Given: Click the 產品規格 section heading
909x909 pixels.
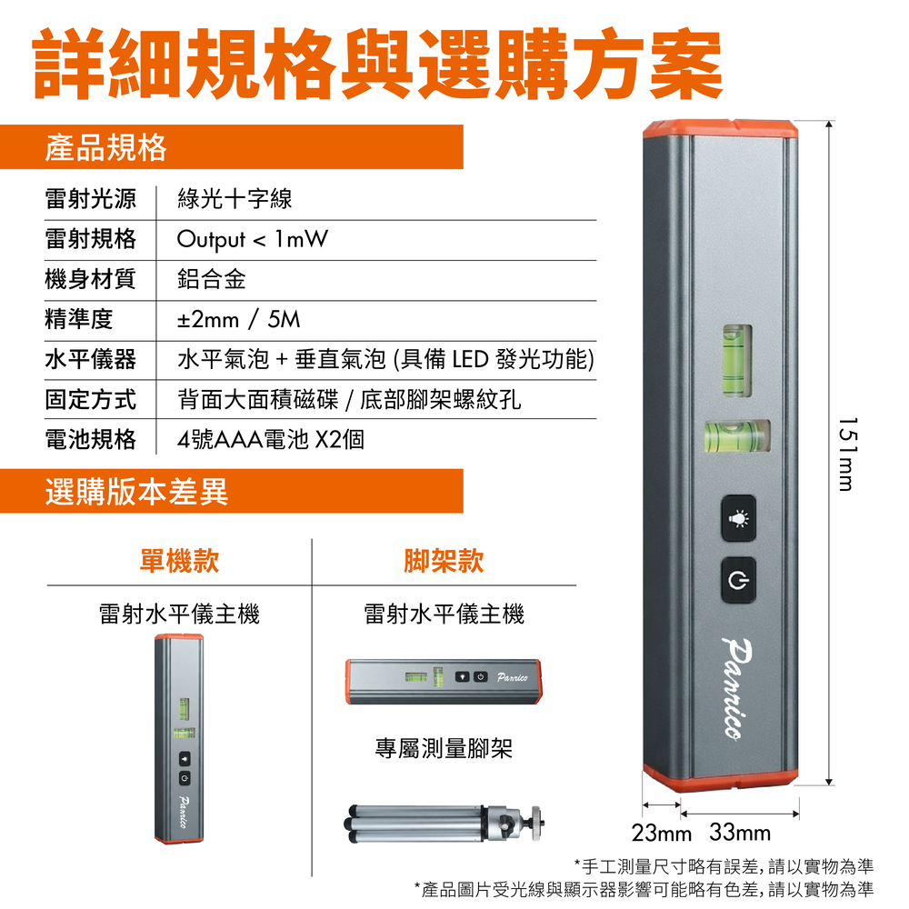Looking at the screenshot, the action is click(105, 147).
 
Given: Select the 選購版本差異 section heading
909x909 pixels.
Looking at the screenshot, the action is click(137, 492).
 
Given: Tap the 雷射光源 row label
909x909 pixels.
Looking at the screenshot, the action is click(90, 199).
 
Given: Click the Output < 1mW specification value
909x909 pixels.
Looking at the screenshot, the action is click(252, 239).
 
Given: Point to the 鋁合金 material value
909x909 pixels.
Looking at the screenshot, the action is click(212, 279).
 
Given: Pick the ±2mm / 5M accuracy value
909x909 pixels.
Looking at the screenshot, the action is click(238, 319).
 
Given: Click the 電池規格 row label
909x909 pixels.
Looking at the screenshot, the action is click(90, 439).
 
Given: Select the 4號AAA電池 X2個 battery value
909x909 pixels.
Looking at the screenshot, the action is click(271, 439).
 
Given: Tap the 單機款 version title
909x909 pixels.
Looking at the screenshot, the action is click(180, 561).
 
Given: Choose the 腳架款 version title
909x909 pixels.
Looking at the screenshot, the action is click(445, 561).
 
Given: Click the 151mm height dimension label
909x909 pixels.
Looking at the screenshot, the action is click(847, 454).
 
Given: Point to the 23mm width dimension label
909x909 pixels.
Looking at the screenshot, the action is click(662, 833).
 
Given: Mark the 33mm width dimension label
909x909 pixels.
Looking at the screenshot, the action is click(740, 833).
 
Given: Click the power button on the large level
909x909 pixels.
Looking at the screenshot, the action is click(738, 580).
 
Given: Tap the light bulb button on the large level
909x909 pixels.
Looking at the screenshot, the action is click(738, 518).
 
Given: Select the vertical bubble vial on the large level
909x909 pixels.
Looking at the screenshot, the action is click(737, 361).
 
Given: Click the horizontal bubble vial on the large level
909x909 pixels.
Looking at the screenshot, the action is click(737, 436).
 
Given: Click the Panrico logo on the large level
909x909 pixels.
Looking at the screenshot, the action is click(738, 689).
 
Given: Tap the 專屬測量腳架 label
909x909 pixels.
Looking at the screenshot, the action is click(445, 748).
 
